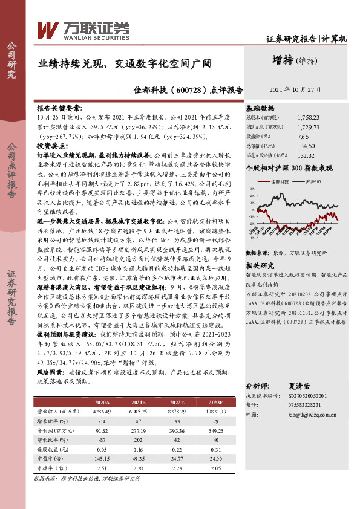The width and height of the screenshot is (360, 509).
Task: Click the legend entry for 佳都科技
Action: [x=281, y=181]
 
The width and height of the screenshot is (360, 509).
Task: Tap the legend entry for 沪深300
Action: [x=312, y=181]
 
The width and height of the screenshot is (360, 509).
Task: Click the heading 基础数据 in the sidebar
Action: [x=261, y=107]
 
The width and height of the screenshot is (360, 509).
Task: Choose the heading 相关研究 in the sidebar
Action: [x=261, y=265]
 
